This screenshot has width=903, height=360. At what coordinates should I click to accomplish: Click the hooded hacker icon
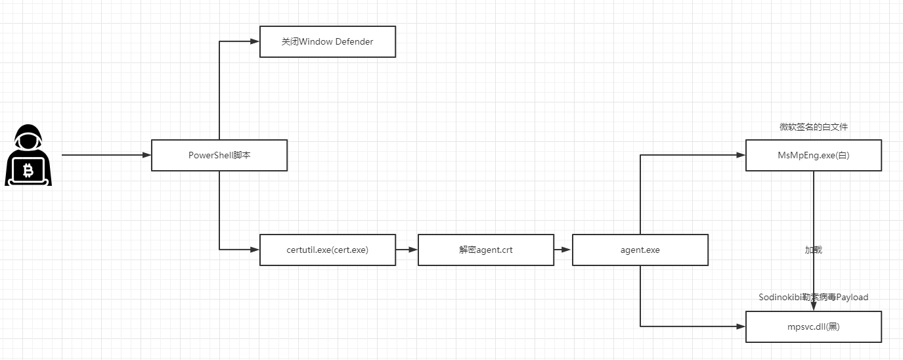[28, 155]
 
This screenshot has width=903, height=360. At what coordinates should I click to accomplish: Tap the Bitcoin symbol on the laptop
[28, 171]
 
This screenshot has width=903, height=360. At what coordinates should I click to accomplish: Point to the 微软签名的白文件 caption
[814, 127]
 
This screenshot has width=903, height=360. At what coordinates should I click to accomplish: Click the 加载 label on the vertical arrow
[814, 250]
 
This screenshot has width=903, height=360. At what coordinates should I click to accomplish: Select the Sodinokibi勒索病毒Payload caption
[814, 297]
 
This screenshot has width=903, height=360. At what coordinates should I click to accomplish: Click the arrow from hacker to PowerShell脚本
[106, 155]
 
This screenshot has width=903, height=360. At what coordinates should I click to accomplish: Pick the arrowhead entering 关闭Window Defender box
[255, 41]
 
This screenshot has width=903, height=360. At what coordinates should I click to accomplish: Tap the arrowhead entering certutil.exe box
[255, 250]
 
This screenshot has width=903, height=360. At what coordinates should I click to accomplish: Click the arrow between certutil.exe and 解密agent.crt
[407, 250]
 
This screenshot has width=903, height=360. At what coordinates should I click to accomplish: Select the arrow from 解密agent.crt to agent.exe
[563, 250]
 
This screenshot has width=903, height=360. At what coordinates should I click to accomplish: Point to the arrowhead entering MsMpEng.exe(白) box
[741, 155]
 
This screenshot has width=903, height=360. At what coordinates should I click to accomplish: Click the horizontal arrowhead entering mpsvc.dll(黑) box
[741, 326]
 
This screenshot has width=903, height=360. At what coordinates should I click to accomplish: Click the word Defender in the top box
[355, 41]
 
